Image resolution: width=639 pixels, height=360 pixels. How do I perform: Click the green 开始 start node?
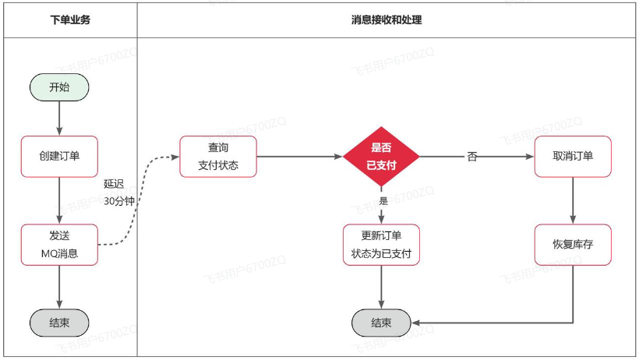[59, 87]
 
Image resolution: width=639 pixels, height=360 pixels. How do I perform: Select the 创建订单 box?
[59, 156]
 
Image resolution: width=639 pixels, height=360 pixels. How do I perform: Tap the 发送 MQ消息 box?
[59, 244]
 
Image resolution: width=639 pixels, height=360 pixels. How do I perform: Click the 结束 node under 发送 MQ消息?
[59, 323]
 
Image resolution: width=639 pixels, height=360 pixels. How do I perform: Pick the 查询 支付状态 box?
[218, 156]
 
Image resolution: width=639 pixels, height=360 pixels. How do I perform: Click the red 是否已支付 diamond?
[381, 156]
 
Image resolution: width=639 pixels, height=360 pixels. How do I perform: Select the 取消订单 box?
[573, 156]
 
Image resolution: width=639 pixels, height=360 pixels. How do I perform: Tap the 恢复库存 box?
[573, 244]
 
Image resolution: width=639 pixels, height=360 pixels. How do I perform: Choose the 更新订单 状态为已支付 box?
[381, 244]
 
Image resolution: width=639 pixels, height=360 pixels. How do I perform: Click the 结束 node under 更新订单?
[381, 323]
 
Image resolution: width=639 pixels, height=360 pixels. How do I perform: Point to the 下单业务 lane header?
[70, 20]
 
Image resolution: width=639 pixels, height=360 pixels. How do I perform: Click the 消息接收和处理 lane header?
[387, 20]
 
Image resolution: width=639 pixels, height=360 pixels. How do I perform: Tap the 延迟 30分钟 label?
[118, 192]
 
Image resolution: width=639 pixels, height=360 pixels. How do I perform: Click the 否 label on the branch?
[472, 157]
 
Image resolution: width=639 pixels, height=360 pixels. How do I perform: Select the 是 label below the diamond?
[383, 201]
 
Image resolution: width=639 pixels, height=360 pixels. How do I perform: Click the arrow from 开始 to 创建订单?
[59, 118]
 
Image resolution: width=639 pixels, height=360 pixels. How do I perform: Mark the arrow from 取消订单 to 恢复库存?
[573, 200]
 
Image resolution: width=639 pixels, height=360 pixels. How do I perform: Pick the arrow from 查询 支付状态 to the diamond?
[300, 156]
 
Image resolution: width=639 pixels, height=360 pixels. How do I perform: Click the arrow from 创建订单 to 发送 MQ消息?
[59, 200]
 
